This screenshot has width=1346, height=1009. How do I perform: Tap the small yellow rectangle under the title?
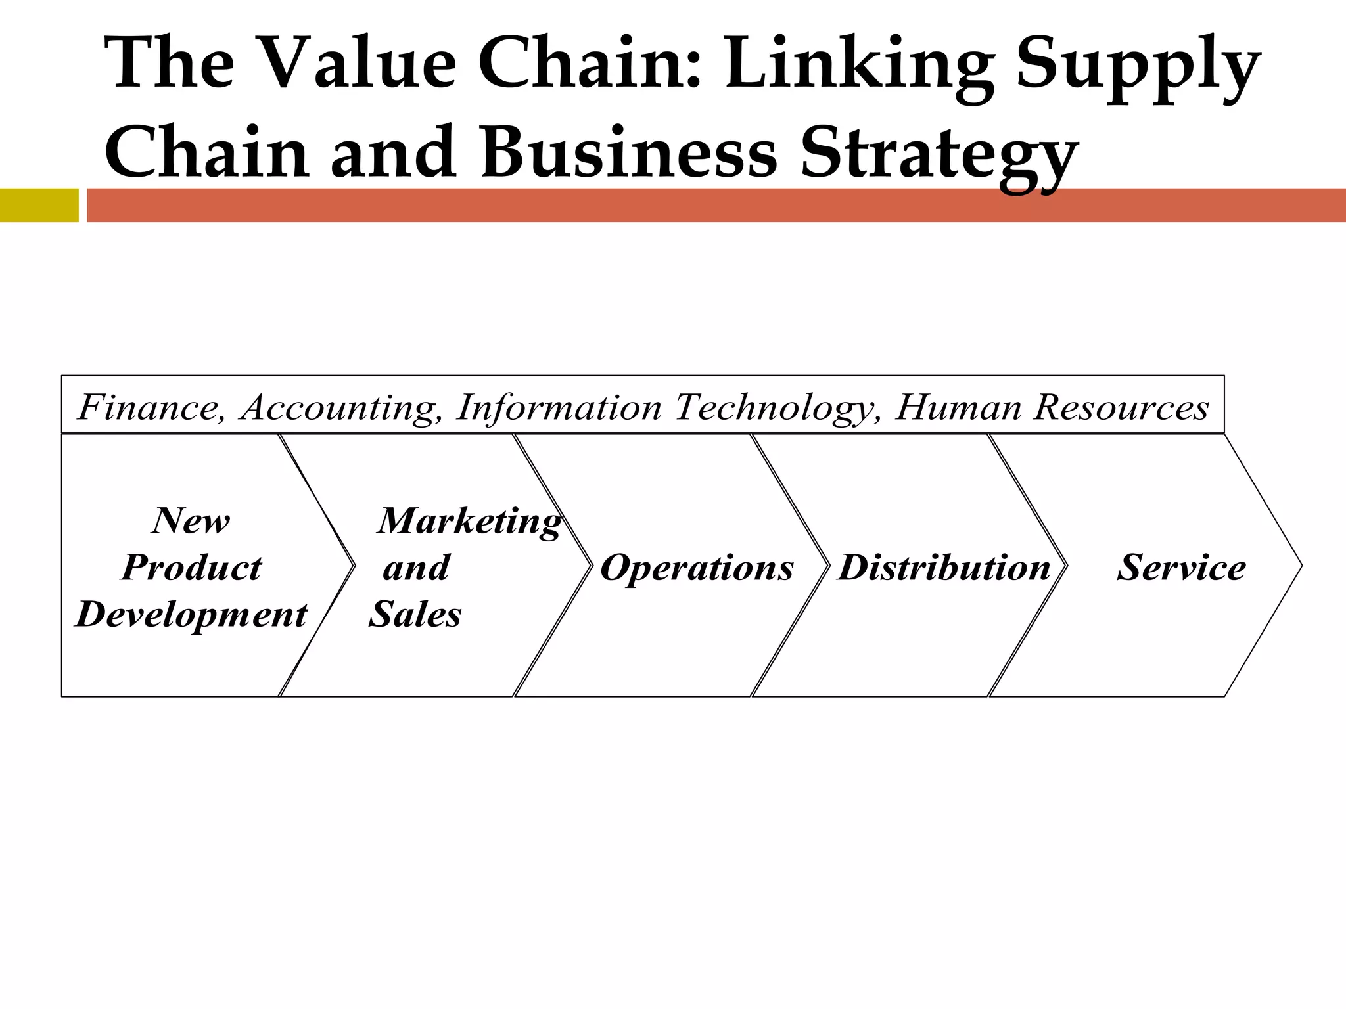[x=39, y=205]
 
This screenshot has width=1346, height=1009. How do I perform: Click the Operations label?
[x=697, y=568]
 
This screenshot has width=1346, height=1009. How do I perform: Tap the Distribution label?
[x=944, y=568]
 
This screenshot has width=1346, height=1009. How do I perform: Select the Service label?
[x=1181, y=568]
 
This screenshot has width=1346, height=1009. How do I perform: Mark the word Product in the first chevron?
[x=191, y=568]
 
